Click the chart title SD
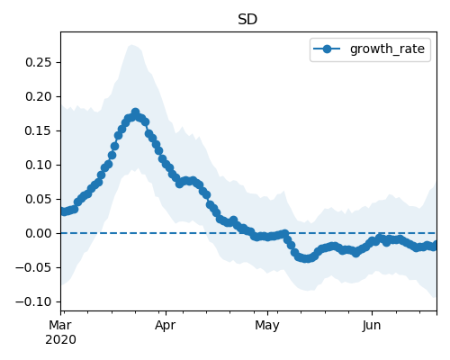[x=247, y=20]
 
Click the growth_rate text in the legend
[x=387, y=49]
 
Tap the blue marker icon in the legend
[x=327, y=49]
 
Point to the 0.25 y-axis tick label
[x=39, y=62]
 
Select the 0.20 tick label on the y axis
[x=39, y=96]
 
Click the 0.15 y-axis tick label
[x=39, y=130]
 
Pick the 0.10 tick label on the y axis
[x=39, y=165]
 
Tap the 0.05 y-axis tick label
[x=39, y=199]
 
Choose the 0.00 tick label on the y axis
[x=39, y=233]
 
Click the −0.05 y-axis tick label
[x=33, y=267]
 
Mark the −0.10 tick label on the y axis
[x=33, y=301]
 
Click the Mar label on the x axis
[x=60, y=325]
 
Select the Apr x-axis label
[x=166, y=326]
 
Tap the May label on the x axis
[x=267, y=326]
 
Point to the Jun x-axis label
[x=372, y=326]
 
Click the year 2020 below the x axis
[x=60, y=340]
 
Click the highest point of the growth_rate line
[x=135, y=112]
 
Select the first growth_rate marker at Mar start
[x=62, y=211]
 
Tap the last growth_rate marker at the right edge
[x=435, y=245]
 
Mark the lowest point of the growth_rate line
[x=306, y=258]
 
